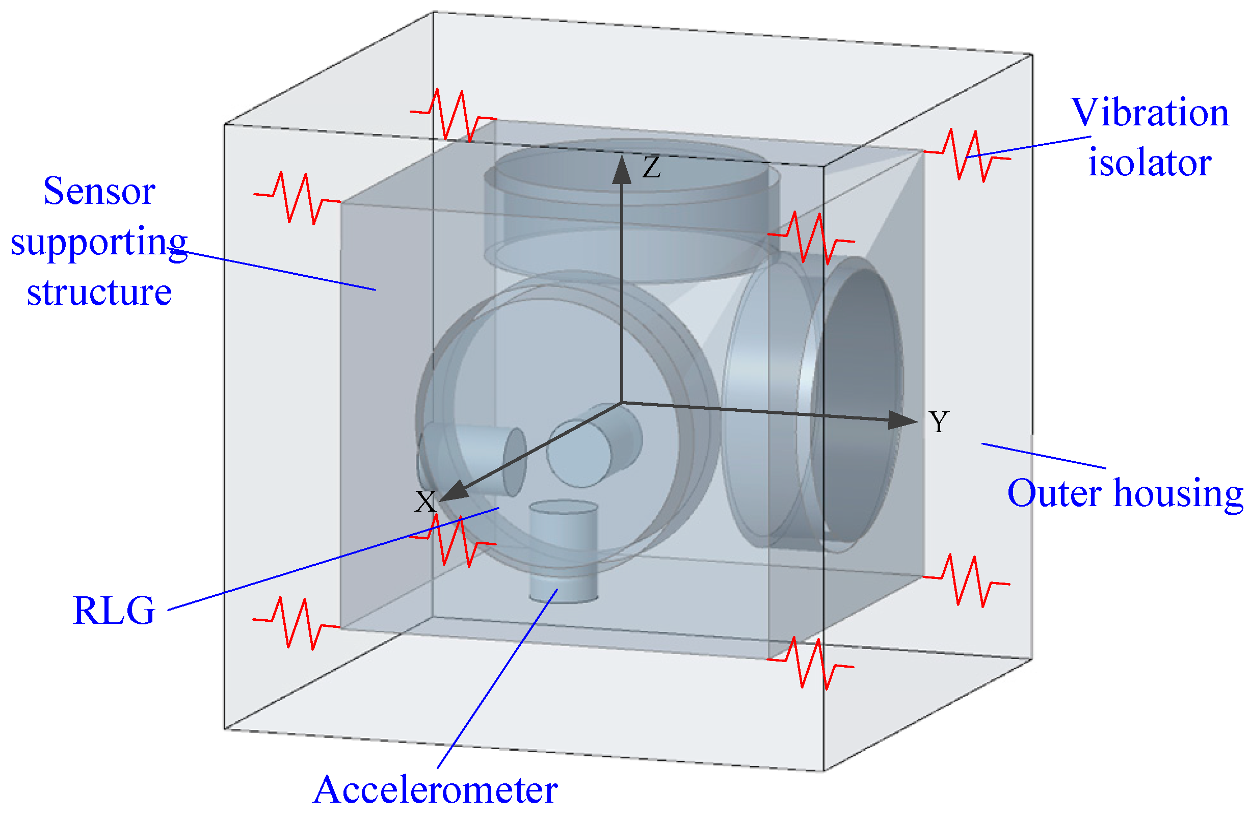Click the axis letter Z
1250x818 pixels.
[x=652, y=168]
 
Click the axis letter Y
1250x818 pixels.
[x=939, y=422]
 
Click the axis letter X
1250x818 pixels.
[x=425, y=502]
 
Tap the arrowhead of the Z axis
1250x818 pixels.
[x=622, y=170]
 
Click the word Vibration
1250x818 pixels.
[x=1150, y=113]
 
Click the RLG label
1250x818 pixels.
[x=114, y=611]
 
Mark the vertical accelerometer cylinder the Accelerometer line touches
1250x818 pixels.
[x=564, y=551]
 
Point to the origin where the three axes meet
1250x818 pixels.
[x=622, y=404]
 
